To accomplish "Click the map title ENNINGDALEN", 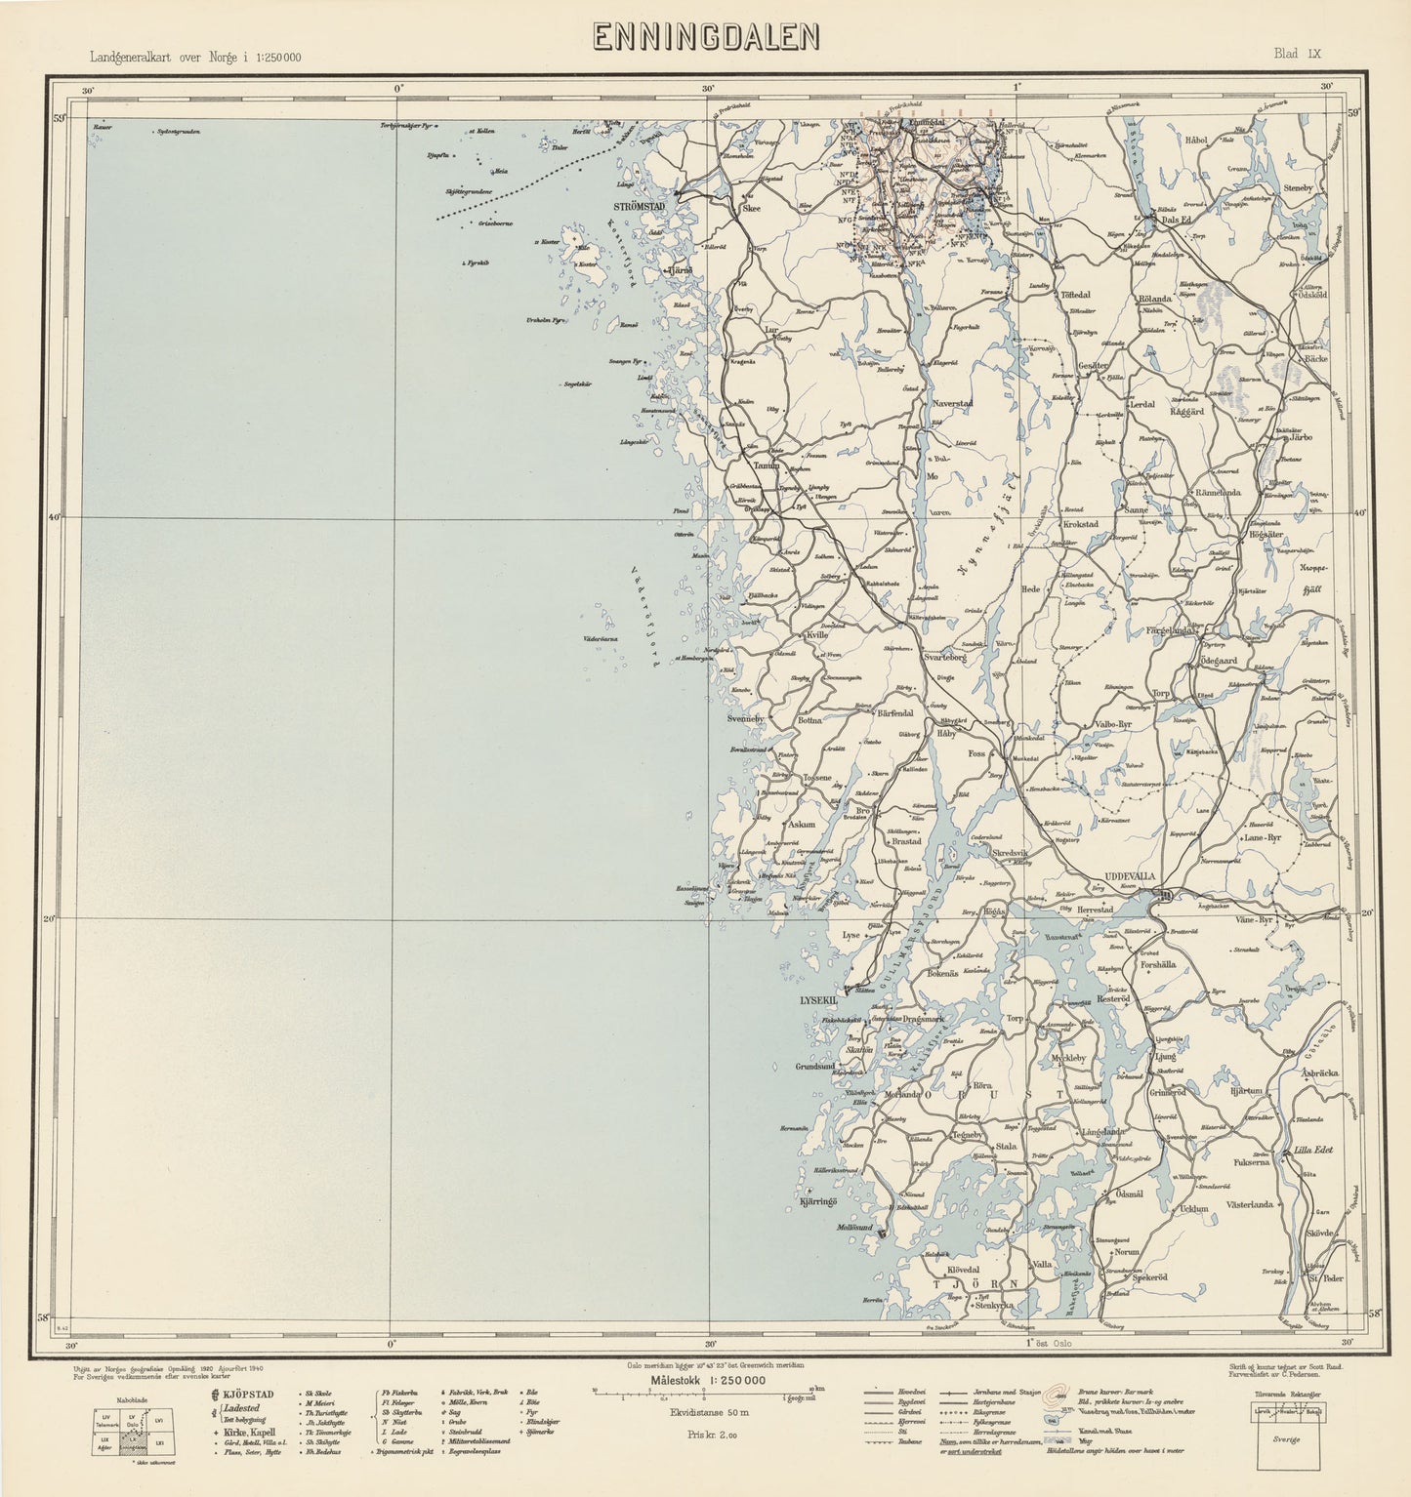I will [x=706, y=37].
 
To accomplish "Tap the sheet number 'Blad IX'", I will [x=1296, y=55].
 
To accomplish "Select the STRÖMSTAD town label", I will [x=638, y=207].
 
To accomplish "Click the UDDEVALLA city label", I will [x=1129, y=875].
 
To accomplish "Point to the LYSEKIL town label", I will [x=819, y=999].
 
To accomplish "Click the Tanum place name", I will [x=767, y=466].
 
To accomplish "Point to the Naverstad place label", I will [x=952, y=403].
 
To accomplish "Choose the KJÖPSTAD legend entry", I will [x=248, y=1395].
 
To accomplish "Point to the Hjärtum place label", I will [x=1247, y=1090].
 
